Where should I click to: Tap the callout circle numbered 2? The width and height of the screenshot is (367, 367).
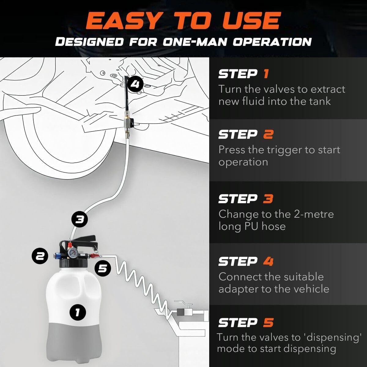tap(40, 256)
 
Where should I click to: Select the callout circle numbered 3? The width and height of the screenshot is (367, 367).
tap(80, 219)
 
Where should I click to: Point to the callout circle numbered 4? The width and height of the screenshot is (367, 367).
tap(135, 84)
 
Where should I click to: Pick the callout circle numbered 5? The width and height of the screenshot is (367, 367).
tap(103, 268)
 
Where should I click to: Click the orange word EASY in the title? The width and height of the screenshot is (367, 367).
tap(122, 21)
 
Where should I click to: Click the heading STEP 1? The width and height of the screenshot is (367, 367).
tap(243, 74)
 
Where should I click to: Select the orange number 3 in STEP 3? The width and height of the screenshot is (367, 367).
tap(268, 199)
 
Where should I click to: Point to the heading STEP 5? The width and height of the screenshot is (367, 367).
tap(246, 323)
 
